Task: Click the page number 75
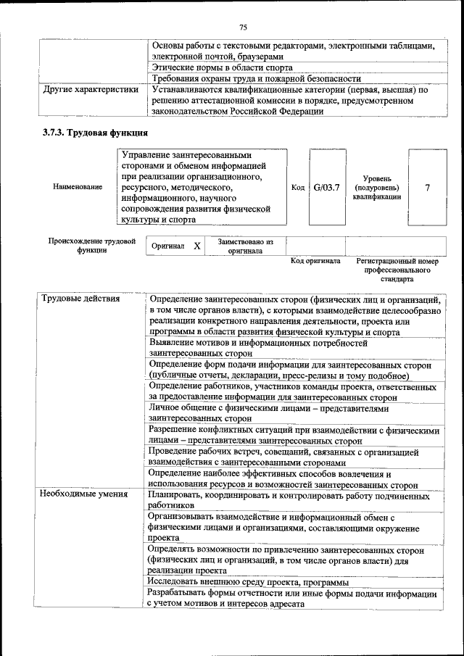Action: click(x=243, y=28)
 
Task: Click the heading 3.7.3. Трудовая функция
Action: click(x=105, y=133)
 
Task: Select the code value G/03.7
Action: click(x=327, y=187)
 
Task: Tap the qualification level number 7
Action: click(x=427, y=187)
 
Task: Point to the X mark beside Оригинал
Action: click(x=196, y=246)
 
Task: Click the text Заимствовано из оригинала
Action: click(x=245, y=246)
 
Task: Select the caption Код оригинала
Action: click(x=315, y=261)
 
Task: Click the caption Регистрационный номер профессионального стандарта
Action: click(x=397, y=269)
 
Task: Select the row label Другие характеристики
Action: click(x=90, y=91)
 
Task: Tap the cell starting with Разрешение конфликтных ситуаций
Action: click(x=294, y=435)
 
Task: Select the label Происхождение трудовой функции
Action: click(x=91, y=246)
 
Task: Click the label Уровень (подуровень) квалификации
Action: click(x=376, y=187)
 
